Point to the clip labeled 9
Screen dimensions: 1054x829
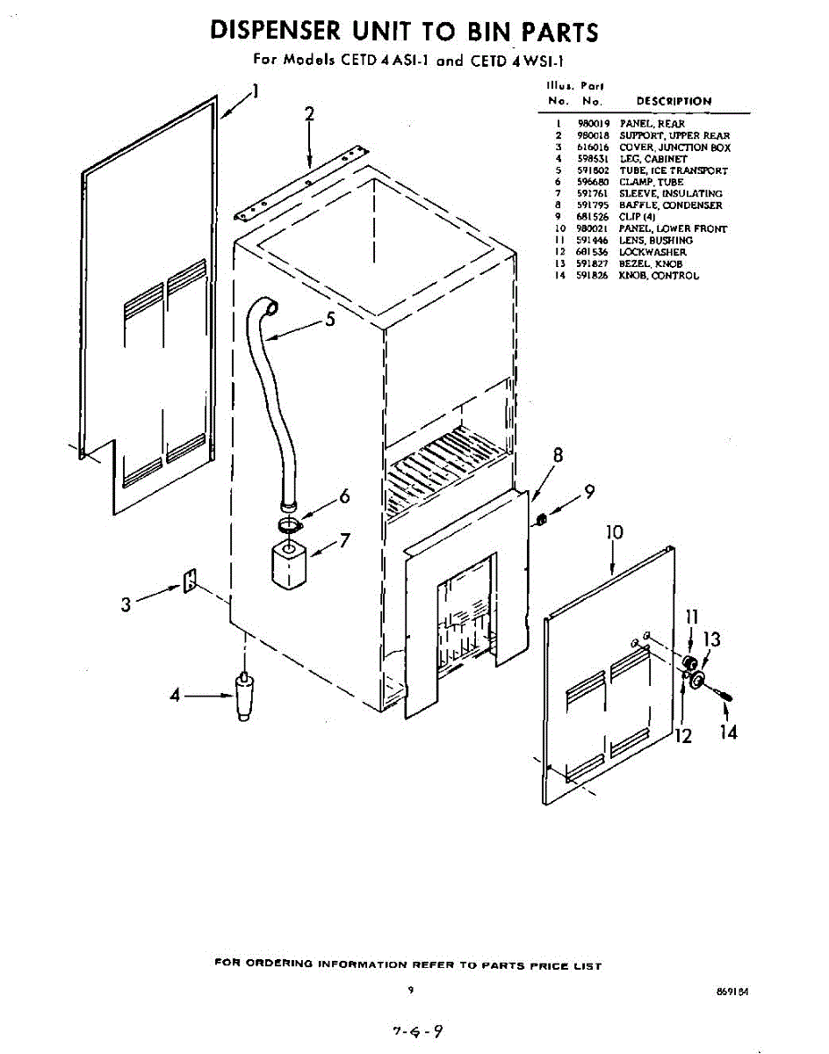point(542,520)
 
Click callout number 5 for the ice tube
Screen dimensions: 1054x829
point(330,320)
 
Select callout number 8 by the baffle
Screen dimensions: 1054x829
point(557,456)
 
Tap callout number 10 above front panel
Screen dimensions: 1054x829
point(614,533)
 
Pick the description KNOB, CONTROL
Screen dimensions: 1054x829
point(659,276)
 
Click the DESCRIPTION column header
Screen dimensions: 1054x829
point(674,101)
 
